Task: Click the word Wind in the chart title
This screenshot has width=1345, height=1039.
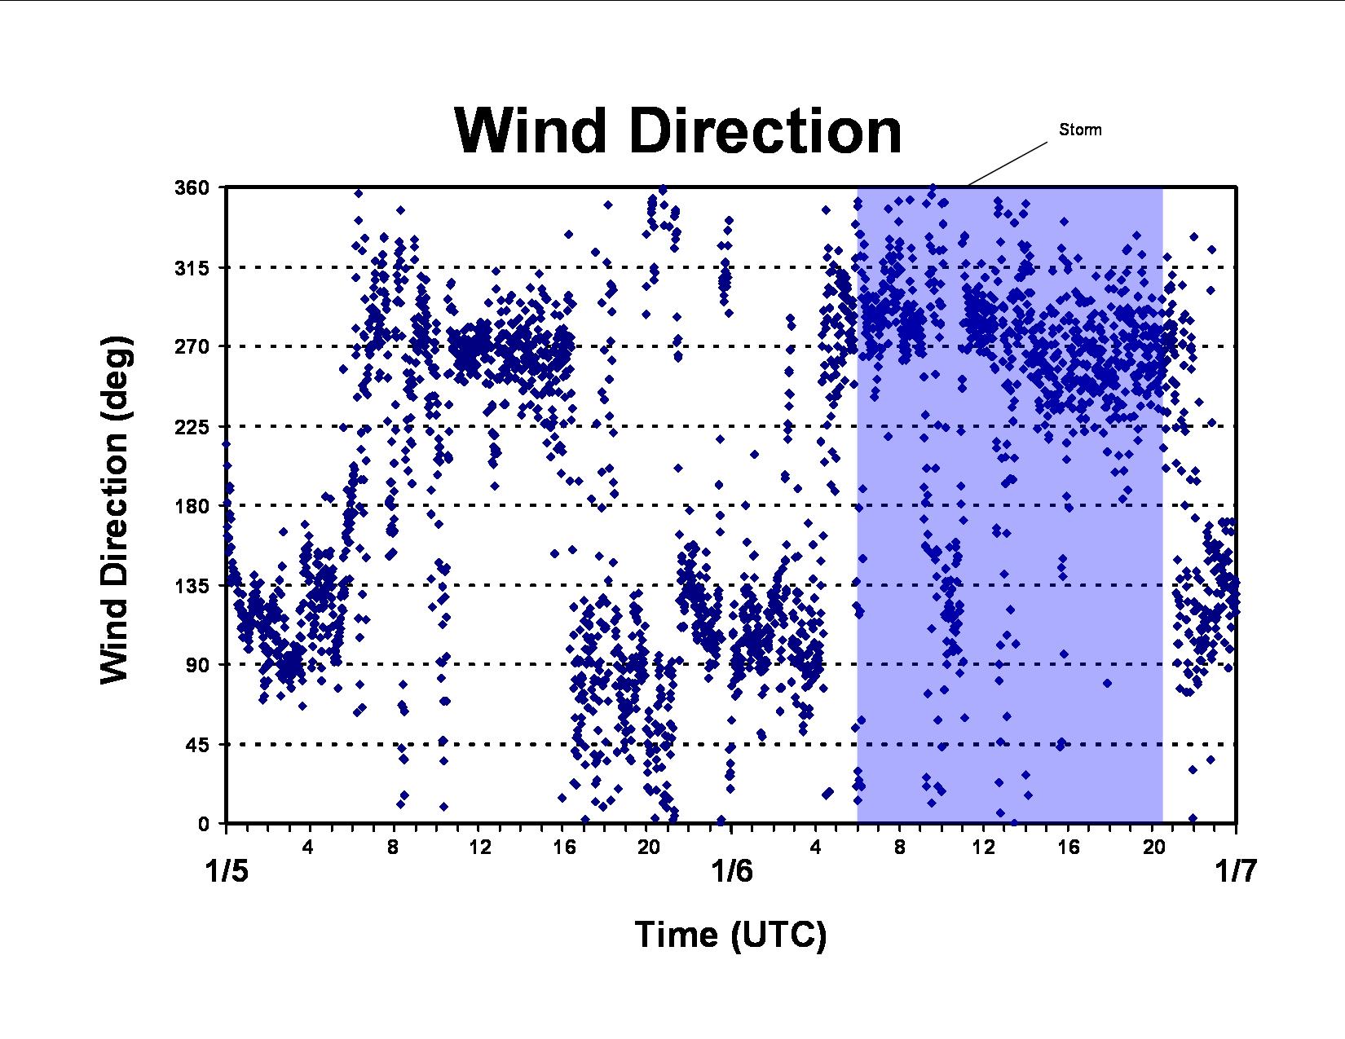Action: point(530,131)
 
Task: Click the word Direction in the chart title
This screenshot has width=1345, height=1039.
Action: point(765,131)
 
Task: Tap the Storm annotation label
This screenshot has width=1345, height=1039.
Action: point(1080,130)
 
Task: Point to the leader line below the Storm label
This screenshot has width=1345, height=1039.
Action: point(1007,164)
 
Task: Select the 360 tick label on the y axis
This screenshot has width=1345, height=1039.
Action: point(192,187)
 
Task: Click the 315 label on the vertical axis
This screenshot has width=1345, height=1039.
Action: point(192,268)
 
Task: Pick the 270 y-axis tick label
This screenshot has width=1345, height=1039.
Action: point(192,346)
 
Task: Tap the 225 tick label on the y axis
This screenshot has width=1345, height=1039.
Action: point(192,426)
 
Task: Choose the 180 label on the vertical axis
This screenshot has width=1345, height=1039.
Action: point(192,505)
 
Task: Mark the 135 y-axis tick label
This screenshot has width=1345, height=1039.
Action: point(192,585)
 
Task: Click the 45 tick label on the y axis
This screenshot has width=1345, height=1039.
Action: point(199,745)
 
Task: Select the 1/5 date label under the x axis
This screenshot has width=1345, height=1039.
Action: point(227,872)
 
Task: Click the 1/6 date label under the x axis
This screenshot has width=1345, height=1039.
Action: point(732,872)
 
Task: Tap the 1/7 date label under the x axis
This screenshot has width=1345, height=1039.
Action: point(1236,872)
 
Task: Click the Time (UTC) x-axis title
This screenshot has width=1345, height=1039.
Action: point(731,936)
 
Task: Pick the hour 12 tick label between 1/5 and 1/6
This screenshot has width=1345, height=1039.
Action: point(479,847)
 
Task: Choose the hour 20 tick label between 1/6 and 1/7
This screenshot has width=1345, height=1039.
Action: point(1153,847)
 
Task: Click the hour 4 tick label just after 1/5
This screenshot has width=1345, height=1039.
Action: point(307,847)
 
